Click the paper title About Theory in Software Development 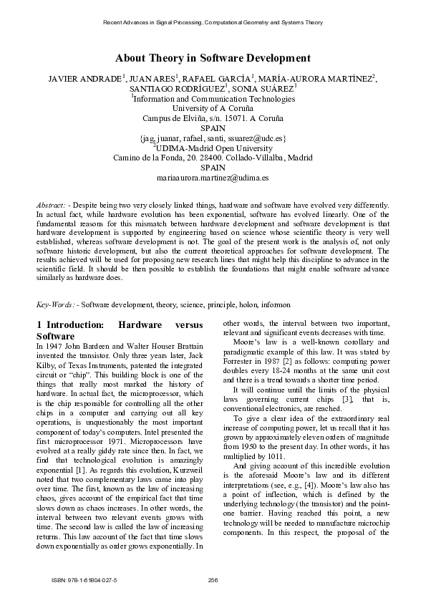point(213,58)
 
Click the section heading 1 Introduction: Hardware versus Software point(122,330)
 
